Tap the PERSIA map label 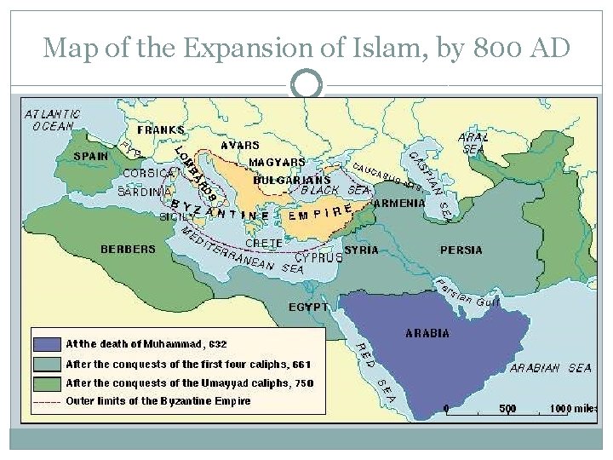click(x=461, y=250)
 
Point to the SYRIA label click(x=361, y=250)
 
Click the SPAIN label click(x=90, y=157)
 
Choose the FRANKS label click(x=161, y=130)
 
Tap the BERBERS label click(x=129, y=250)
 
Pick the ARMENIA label click(x=399, y=204)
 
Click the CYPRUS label click(x=318, y=256)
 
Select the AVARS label click(x=240, y=145)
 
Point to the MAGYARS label click(x=278, y=162)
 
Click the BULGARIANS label click(x=292, y=180)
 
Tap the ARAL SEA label click(x=473, y=142)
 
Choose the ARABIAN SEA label click(x=550, y=368)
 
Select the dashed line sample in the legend click(x=48, y=401)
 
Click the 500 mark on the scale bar click(x=507, y=408)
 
